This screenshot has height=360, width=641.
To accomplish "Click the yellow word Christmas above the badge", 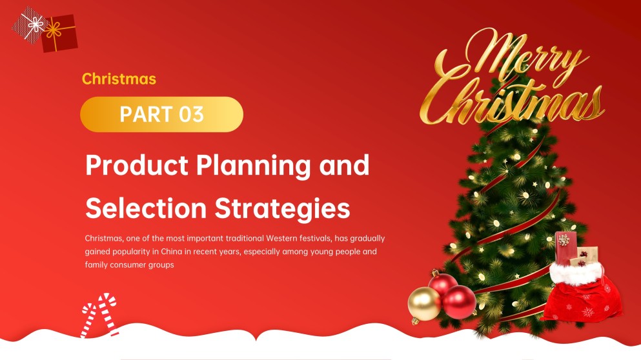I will click(119, 79).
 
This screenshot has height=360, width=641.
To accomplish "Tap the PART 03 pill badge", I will click(161, 114).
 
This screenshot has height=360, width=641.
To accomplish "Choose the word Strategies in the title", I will click(283, 208).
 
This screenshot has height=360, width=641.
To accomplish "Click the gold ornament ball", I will click(423, 305).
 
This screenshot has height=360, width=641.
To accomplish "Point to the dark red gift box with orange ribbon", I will click(59, 34).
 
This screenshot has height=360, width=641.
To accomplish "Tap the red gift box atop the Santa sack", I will click(565, 246).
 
